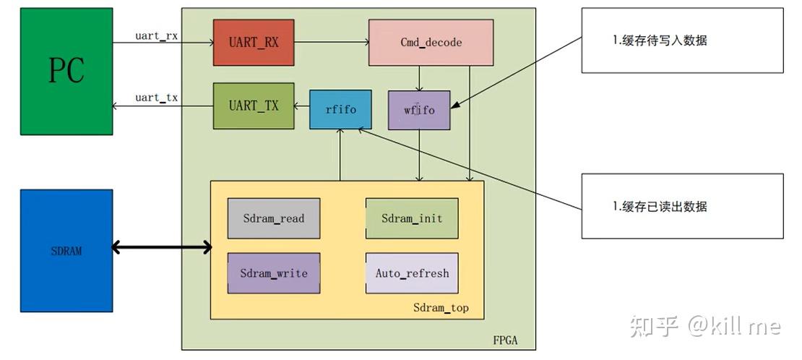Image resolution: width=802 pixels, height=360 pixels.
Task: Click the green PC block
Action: (66, 71)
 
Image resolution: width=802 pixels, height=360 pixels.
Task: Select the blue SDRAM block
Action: (66, 250)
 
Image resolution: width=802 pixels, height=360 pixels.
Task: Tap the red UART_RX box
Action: (254, 43)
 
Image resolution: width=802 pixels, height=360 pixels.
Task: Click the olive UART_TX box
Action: (254, 106)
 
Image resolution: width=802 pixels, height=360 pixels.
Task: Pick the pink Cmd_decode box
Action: (431, 43)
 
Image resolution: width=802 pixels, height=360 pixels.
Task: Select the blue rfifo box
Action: (340, 110)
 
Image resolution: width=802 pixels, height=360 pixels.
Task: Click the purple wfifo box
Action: (419, 110)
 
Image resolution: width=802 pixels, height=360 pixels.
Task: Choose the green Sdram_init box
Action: (412, 218)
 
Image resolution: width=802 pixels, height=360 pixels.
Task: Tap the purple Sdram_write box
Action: (273, 273)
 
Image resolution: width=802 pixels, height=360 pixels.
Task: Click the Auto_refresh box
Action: (412, 273)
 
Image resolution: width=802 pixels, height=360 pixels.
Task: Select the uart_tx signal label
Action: (156, 98)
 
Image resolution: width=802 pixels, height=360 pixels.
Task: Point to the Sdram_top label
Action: (441, 308)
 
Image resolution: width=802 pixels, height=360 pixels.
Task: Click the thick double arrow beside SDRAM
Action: (162, 248)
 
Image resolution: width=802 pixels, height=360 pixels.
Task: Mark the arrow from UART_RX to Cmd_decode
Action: (332, 43)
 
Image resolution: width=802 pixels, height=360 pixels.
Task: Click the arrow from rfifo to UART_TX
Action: (302, 106)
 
